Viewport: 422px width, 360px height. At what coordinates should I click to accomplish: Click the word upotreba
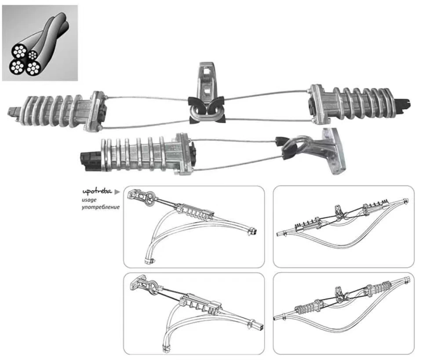click(97, 192)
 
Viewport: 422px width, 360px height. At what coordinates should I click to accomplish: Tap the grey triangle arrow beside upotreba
click(117, 192)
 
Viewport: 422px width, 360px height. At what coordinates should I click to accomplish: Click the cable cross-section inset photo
click(40, 43)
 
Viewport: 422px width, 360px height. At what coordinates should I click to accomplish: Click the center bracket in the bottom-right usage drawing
click(340, 293)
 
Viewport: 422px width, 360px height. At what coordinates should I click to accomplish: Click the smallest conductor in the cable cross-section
click(33, 55)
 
